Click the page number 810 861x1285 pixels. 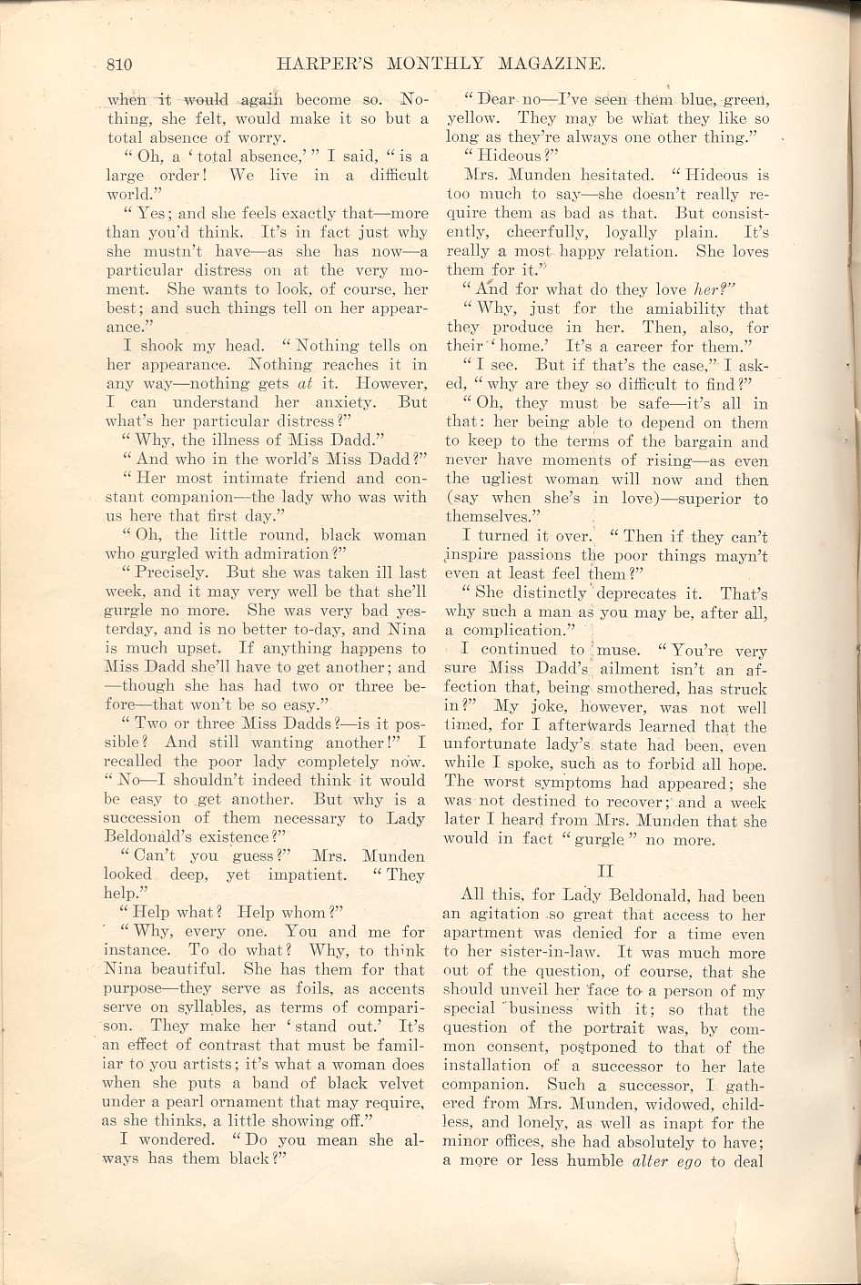[119, 64]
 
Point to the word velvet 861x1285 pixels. [391, 1083]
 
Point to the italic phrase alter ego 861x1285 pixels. [668, 1160]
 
